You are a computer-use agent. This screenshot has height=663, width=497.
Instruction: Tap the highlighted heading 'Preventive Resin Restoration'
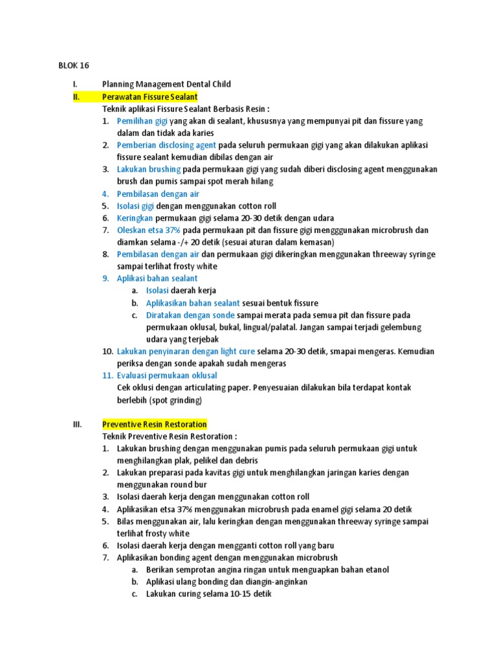click(155, 424)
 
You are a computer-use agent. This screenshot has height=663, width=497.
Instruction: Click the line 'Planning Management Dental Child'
click(166, 84)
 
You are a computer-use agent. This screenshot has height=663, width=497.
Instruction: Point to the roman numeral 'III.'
click(77, 424)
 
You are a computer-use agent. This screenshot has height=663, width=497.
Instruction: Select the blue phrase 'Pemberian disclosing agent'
click(166, 145)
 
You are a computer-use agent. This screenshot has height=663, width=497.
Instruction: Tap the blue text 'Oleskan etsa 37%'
click(149, 230)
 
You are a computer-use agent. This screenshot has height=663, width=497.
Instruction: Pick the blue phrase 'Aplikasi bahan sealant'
click(157, 278)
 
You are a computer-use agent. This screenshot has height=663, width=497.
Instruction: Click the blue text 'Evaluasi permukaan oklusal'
click(167, 376)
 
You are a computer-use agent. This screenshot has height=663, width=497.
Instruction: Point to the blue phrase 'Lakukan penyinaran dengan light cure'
click(186, 351)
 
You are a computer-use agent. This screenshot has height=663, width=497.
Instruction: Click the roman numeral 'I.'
click(76, 84)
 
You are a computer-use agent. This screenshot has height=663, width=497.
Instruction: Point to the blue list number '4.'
click(105, 194)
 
